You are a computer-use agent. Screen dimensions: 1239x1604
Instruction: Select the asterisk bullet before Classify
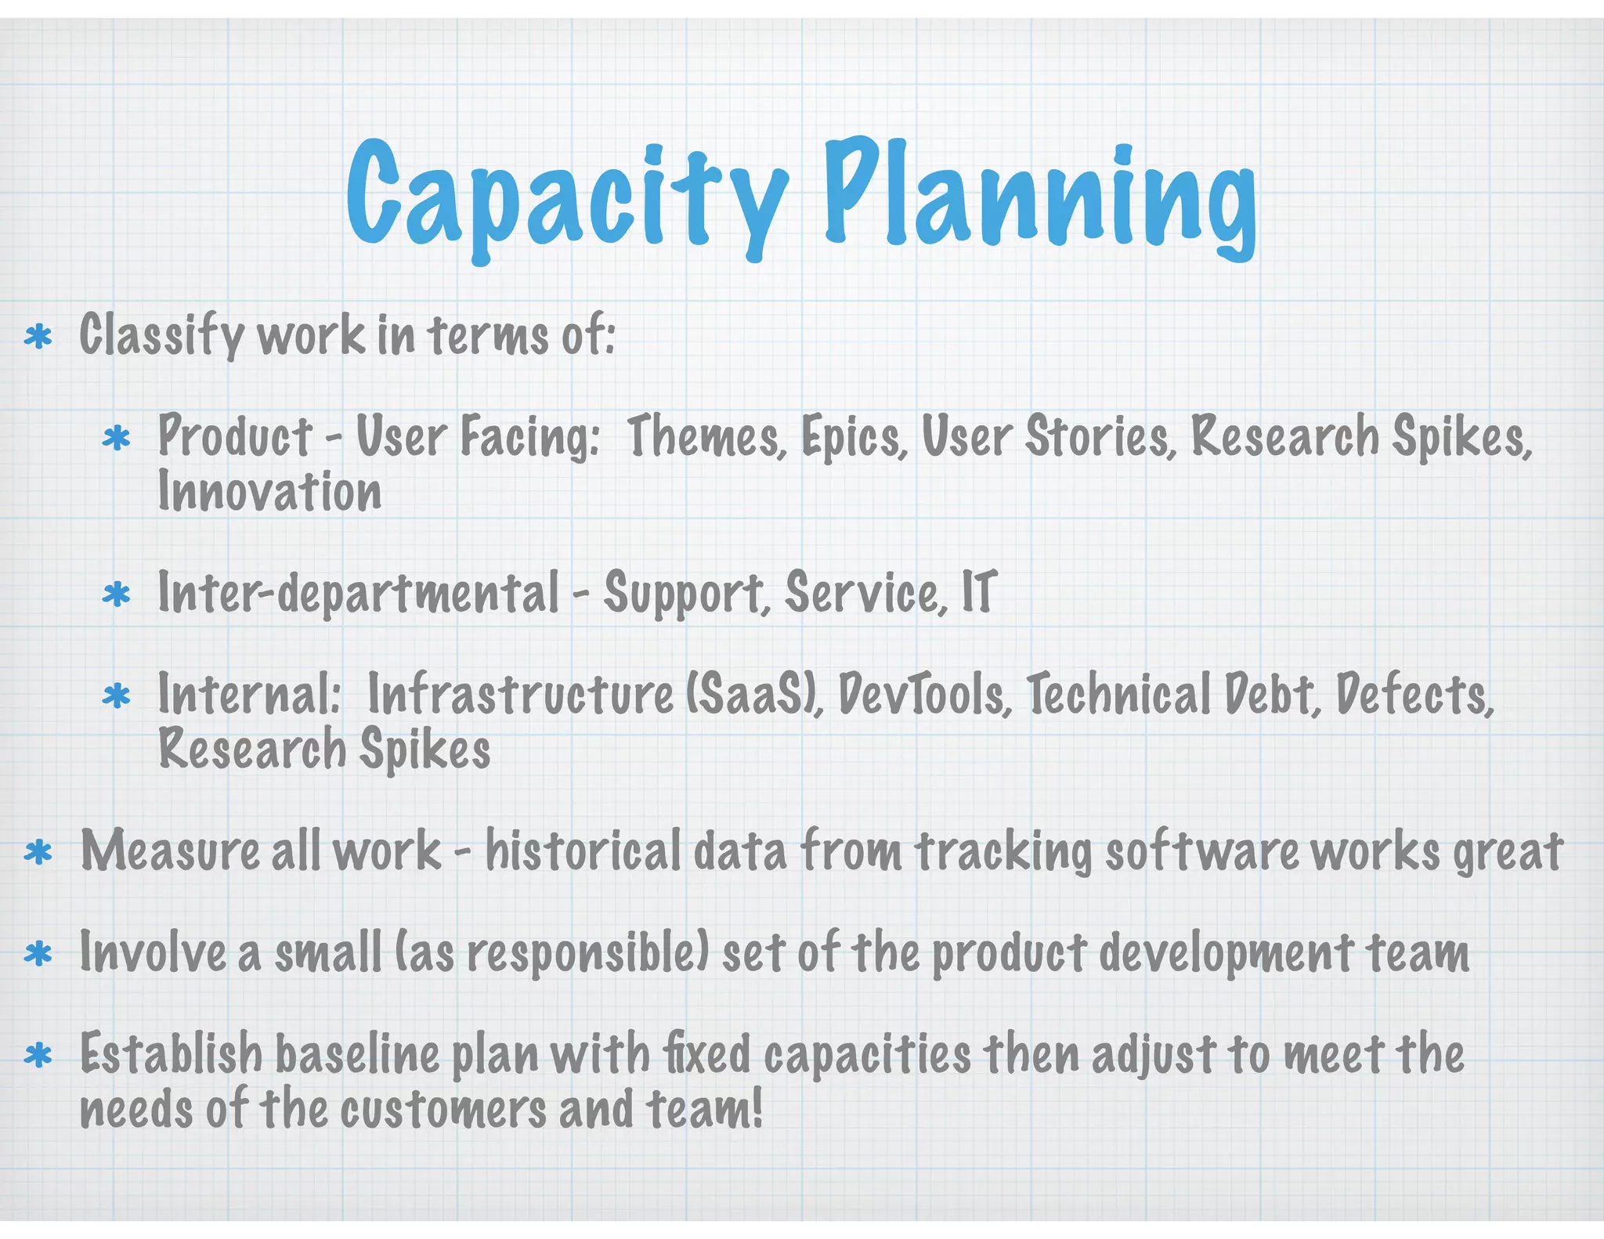(x=38, y=338)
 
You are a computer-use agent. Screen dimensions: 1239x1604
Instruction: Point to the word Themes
(x=706, y=436)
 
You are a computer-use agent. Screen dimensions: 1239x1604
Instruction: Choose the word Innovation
(x=269, y=492)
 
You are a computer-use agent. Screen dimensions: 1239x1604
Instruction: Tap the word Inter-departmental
(x=358, y=594)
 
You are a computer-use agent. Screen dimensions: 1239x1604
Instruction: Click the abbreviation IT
(x=979, y=592)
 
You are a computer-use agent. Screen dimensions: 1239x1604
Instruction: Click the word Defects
(x=1414, y=694)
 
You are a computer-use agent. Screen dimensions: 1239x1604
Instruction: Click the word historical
(x=583, y=851)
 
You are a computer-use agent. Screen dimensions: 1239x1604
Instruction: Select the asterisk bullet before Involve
(x=38, y=955)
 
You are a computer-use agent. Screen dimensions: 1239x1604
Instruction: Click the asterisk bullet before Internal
(x=116, y=696)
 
